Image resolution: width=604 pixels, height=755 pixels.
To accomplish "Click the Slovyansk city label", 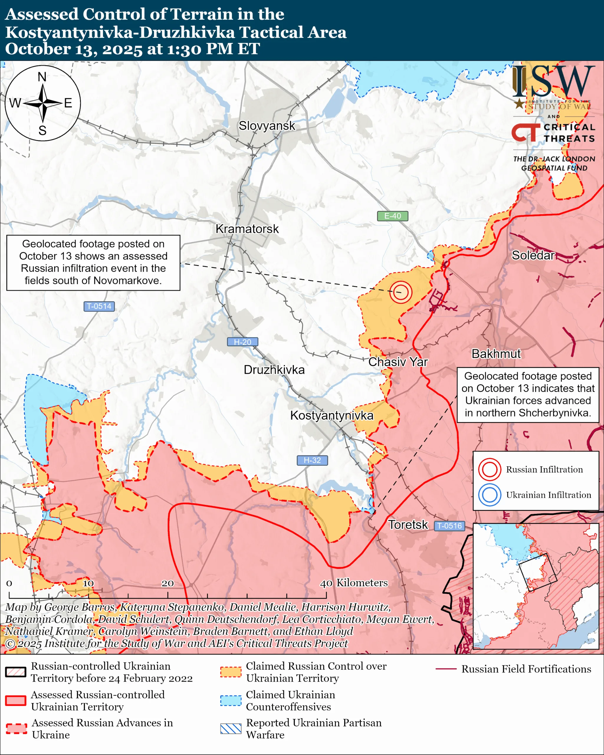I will pos(267,126).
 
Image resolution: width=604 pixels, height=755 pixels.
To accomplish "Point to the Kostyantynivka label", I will pos(331,415).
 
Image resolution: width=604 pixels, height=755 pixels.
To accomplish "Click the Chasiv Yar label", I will pos(398,362).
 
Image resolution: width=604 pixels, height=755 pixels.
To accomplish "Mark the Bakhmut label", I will pos(496,354).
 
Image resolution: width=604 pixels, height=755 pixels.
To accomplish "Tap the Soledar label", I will pos(533,255).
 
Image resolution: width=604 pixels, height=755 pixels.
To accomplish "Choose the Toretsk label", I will pos(408,525).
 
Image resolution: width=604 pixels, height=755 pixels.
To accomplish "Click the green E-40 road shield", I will pos(392,216).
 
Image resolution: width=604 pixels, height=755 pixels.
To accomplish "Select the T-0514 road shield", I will pos(99,306).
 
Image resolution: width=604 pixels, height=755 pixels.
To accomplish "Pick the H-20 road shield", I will pos(242,342).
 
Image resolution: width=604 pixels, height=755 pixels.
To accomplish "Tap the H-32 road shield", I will pos(312,460).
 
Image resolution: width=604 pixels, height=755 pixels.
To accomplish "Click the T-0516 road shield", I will pos(449,526).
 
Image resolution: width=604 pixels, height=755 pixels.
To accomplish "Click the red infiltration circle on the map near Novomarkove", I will pos(401,292).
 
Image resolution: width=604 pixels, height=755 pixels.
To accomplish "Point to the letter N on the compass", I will pos(42,77).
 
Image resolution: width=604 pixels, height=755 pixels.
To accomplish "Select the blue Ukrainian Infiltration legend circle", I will pos(489,495).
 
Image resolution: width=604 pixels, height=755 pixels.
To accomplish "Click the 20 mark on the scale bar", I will pos(168,583).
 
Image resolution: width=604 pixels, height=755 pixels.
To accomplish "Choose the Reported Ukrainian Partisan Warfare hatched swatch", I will pos(231,728).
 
